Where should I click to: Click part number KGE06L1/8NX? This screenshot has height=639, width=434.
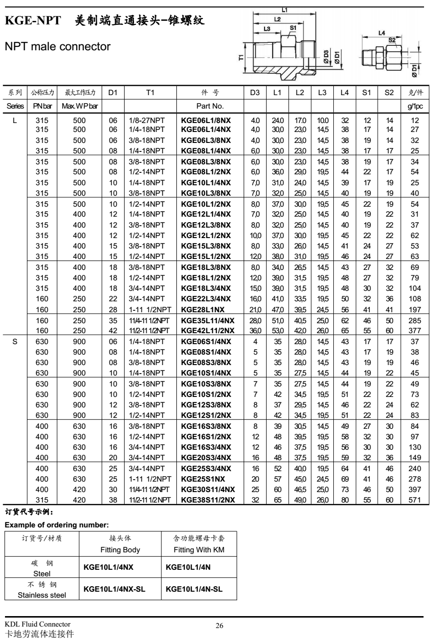pos(207,121)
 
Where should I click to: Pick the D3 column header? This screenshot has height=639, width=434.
pos(255,93)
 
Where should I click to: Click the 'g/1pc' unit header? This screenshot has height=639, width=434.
pos(412,106)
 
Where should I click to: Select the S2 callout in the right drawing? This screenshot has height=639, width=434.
pos(392,40)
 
